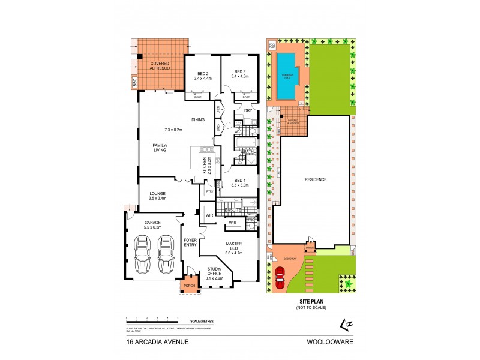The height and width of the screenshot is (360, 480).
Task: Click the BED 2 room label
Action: (x=202, y=72)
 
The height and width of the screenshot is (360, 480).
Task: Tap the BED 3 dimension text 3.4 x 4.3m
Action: (x=241, y=77)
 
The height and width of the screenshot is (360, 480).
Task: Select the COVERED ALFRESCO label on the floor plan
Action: (x=160, y=66)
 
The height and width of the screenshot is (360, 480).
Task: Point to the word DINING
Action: (x=198, y=119)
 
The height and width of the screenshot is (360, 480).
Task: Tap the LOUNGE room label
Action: (x=157, y=193)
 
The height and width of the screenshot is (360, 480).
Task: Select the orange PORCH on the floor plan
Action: (x=190, y=286)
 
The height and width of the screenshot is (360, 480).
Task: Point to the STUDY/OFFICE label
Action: (x=215, y=271)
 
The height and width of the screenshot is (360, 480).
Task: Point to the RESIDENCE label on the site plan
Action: (x=316, y=179)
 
